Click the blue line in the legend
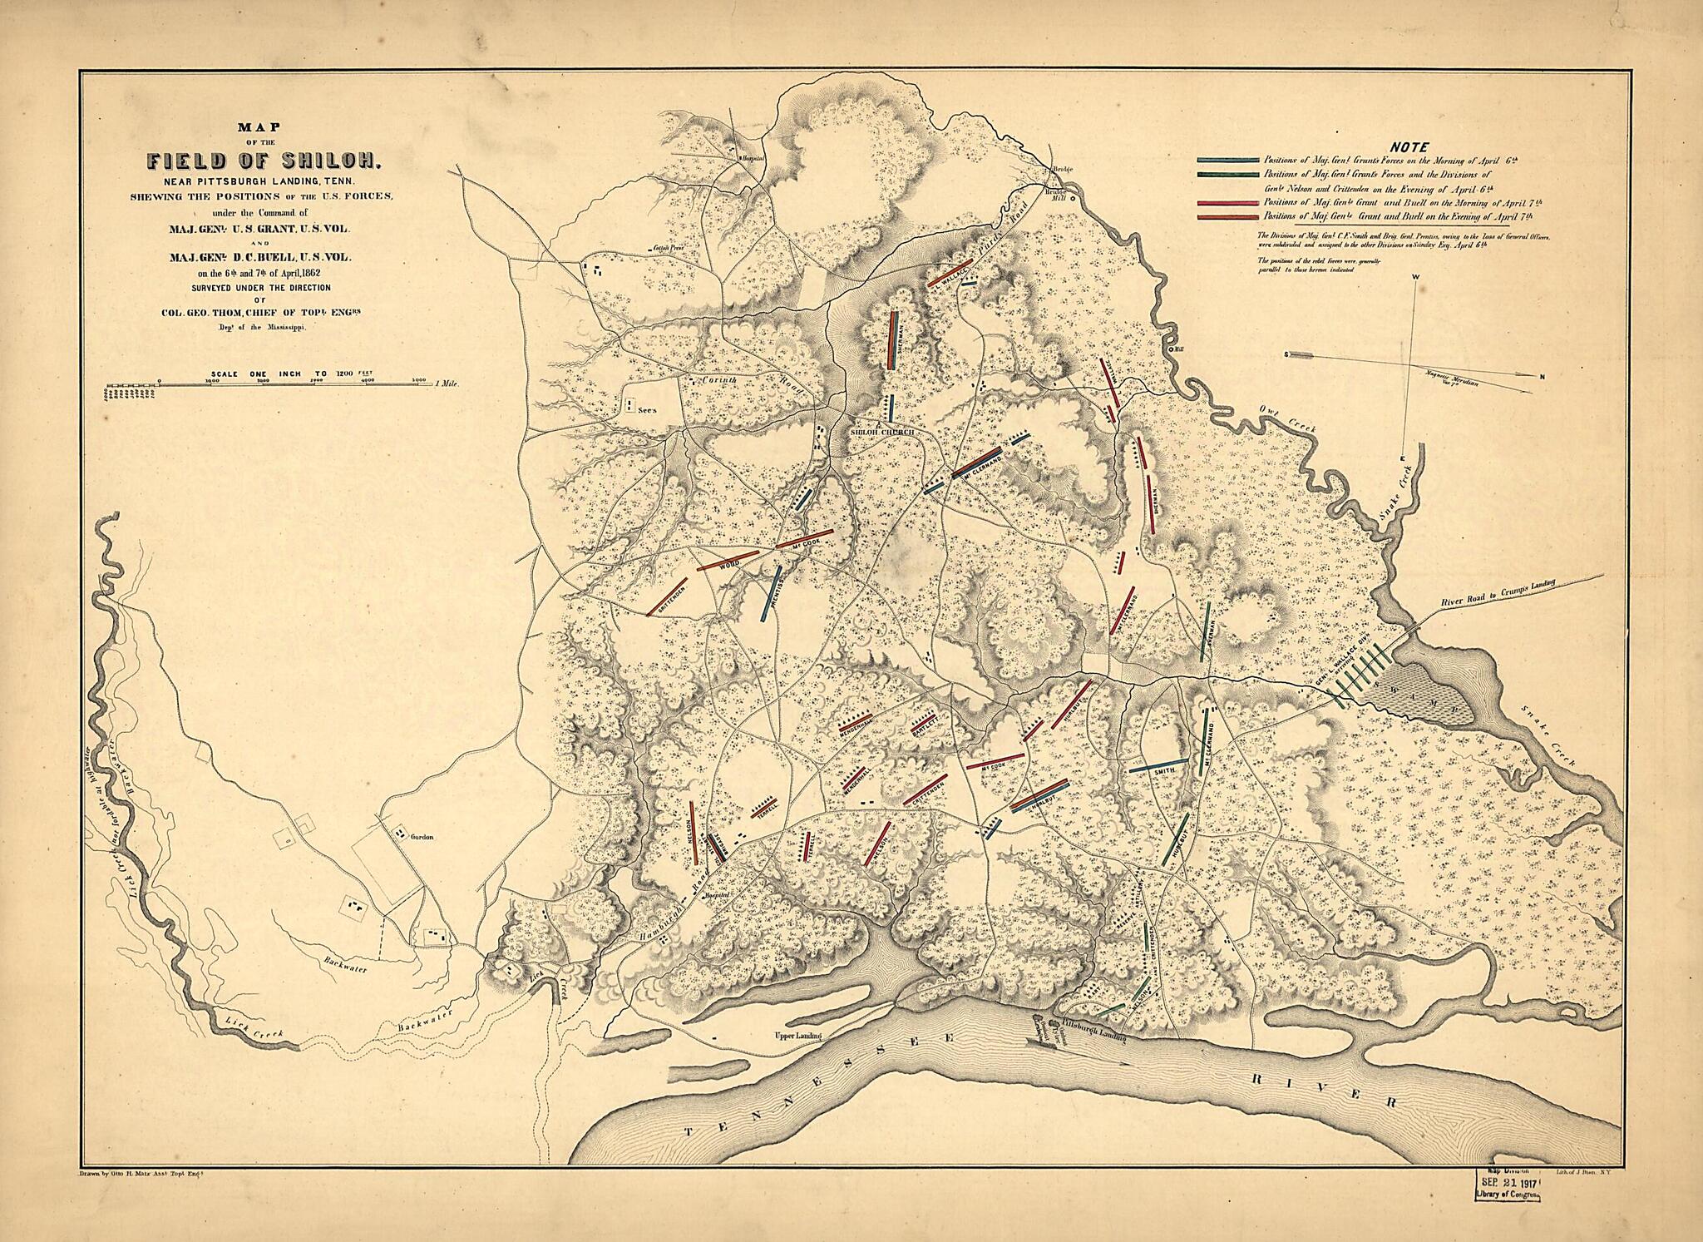[1228, 160]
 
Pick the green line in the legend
[1228, 175]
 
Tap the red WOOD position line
[728, 560]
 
